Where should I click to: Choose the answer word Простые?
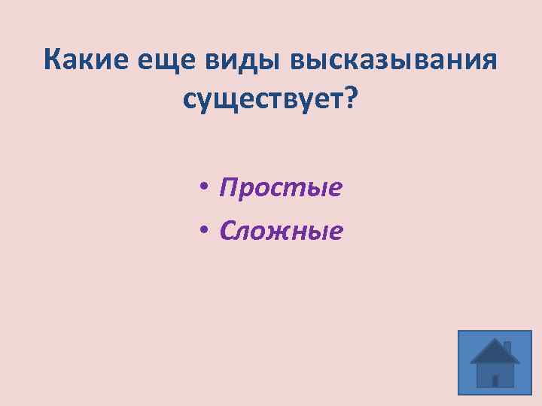coord(280,187)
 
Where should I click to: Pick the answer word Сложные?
coord(281,230)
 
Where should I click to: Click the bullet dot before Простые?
coord(204,188)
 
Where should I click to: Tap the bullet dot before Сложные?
coord(204,231)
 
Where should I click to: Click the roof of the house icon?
coord(494,351)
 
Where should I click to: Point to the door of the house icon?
coord(495,380)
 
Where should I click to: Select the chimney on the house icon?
coord(507,347)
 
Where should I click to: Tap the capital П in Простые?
coord(227,187)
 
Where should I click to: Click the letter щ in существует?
coord(224,100)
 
